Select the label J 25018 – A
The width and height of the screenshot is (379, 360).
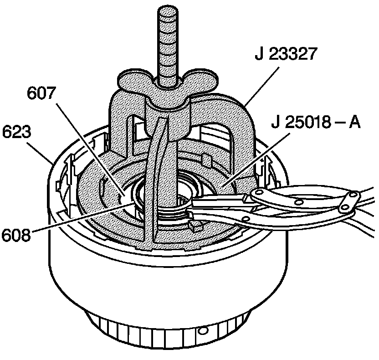pyautogui.click(x=315, y=123)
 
